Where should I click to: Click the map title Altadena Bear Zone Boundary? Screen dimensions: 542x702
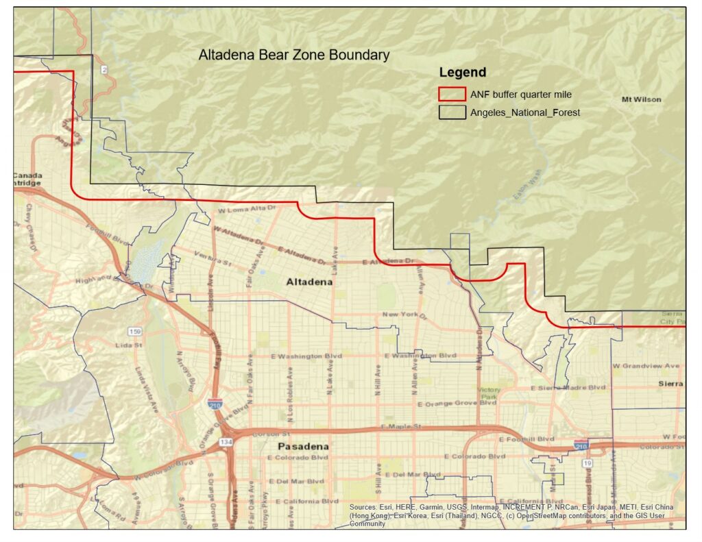coord(294,55)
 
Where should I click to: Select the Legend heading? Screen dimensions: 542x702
coord(463,73)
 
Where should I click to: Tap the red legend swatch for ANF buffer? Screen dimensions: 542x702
coord(452,94)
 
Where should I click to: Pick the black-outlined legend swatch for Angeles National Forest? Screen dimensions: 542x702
coord(452,112)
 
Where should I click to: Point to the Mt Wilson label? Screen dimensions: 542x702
coord(641,99)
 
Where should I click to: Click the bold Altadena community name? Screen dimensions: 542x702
coord(309,282)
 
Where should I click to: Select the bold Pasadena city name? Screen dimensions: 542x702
coord(302,446)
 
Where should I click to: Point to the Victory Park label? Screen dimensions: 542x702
coord(490,393)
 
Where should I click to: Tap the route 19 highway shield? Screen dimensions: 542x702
coord(588,463)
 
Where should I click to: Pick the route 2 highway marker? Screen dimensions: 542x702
coord(104,70)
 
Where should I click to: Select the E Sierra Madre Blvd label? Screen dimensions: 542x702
coord(568,387)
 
